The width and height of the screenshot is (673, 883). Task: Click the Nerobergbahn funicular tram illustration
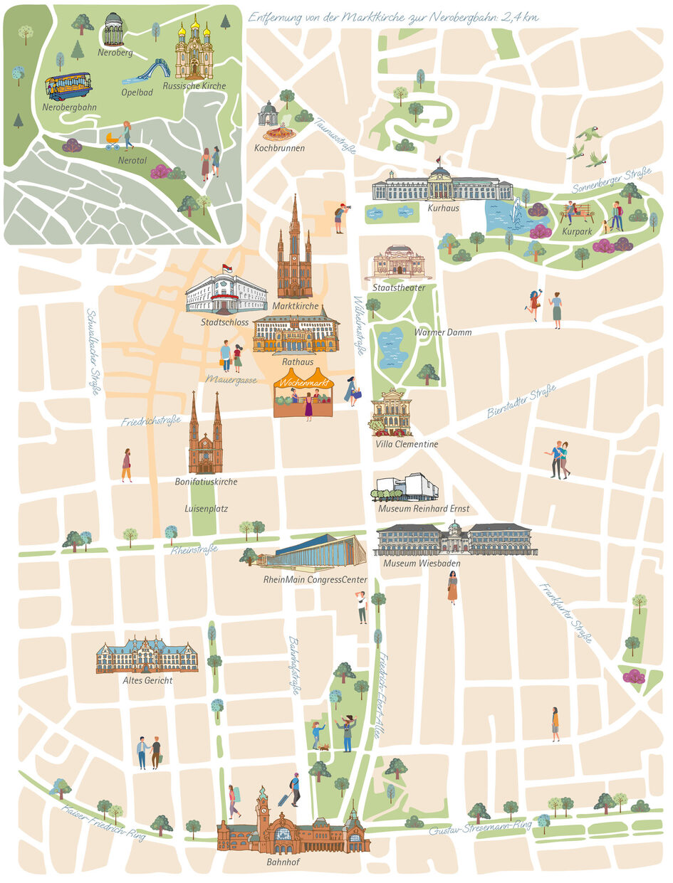[x=68, y=87]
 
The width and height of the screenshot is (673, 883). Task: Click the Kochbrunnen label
[x=279, y=149]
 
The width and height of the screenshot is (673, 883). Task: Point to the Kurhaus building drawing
[x=442, y=185]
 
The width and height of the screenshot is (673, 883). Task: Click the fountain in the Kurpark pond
[x=516, y=212]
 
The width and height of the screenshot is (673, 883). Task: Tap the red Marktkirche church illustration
[x=294, y=256]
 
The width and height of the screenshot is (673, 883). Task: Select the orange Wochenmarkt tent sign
[x=303, y=383]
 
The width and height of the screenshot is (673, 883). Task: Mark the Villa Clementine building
[x=391, y=413]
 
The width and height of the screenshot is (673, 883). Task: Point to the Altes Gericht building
[x=147, y=655]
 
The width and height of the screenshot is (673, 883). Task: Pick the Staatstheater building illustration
[x=398, y=263]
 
